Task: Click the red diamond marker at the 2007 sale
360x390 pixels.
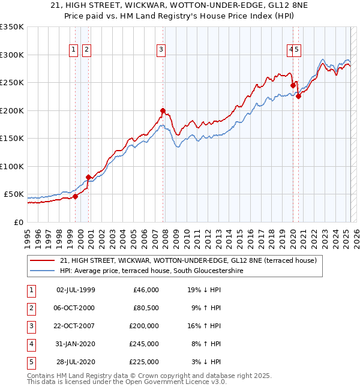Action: click(163, 110)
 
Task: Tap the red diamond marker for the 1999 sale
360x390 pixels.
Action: click(75, 196)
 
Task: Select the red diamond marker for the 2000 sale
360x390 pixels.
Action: click(88, 177)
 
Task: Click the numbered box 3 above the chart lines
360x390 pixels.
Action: click(161, 50)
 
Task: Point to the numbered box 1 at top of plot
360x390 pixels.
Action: click(74, 50)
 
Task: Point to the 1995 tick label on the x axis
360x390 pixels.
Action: click(28, 236)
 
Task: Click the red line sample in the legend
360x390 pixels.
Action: click(42, 260)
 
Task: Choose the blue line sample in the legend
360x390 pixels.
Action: click(42, 271)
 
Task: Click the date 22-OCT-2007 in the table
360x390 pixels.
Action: click(76, 326)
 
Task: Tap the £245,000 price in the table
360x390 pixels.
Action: click(145, 344)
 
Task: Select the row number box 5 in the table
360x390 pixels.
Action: click(31, 362)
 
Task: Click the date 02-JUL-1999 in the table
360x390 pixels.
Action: click(76, 290)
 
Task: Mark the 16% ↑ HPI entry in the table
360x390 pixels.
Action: click(204, 326)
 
